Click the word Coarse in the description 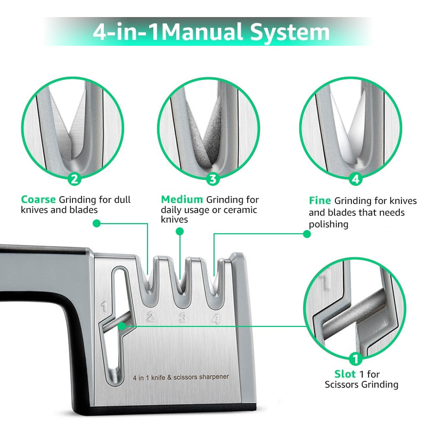coord(38,200)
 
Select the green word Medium coord(182,200)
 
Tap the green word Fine coord(319,201)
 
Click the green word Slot coord(345,374)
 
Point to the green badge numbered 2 coord(75,179)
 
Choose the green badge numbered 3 coord(213,179)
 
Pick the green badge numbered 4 coord(356,179)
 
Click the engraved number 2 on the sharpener coord(151,318)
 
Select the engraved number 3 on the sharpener coord(183,319)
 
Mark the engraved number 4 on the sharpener coord(215,319)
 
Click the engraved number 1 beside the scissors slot coord(104,307)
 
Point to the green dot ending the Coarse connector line coord(96,224)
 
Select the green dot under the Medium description coord(180,232)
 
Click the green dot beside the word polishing coord(306,234)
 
